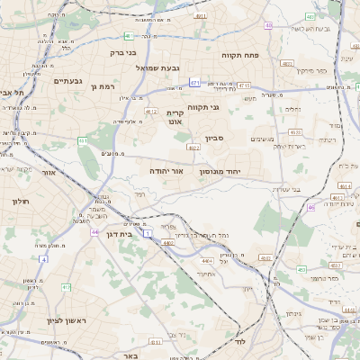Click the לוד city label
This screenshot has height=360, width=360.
[239, 343]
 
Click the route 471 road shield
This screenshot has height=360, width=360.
[194, 83]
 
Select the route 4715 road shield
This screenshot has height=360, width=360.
[244, 85]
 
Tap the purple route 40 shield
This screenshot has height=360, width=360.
[268, 25]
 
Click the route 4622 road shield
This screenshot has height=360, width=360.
[193, 147]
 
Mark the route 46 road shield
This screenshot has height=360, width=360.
[311, 207]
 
